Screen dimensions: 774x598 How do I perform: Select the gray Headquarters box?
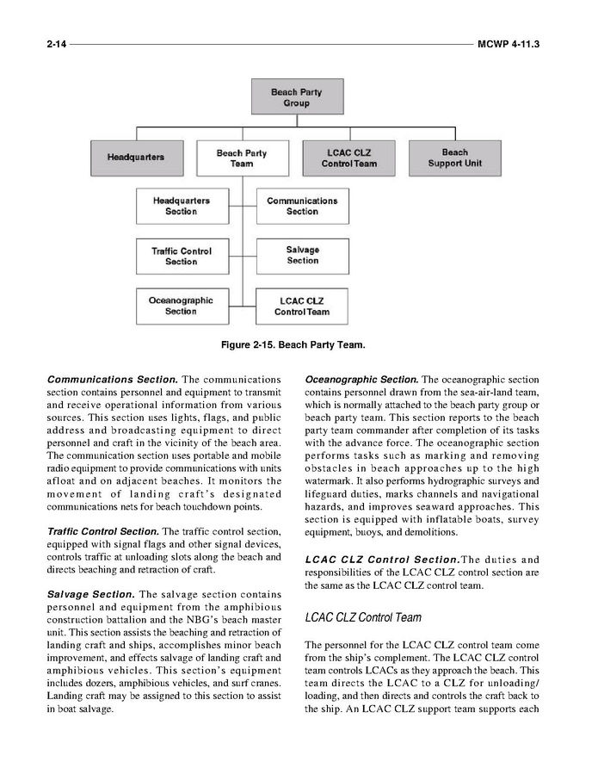[x=135, y=158]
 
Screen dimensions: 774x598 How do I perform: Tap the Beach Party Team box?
[x=242, y=158]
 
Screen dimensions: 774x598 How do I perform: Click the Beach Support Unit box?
[x=455, y=158]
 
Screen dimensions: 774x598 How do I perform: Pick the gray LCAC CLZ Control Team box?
[x=348, y=158]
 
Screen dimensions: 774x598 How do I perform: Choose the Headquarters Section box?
[x=182, y=206]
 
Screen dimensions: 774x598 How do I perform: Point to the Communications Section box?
[x=302, y=206]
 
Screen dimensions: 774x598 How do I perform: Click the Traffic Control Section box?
[x=182, y=256]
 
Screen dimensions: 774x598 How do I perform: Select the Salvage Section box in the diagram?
[x=302, y=256]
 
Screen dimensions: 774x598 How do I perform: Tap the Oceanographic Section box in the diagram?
[x=182, y=306]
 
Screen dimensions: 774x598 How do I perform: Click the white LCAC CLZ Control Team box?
[x=302, y=307]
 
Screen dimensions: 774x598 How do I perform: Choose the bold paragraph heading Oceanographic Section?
[x=361, y=380]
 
